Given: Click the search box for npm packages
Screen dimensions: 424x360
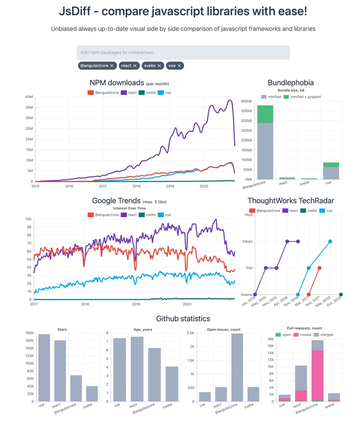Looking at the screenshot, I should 183,53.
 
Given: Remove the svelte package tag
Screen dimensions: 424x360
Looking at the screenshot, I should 159,66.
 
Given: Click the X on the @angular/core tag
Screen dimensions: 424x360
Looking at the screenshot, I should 112,66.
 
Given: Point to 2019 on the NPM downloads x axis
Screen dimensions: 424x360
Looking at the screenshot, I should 170,186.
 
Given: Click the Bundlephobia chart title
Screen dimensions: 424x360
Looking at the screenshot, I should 291,83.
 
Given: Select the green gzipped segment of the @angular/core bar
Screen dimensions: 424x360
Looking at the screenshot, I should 265,114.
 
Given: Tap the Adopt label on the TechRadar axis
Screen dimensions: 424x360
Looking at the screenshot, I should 247,241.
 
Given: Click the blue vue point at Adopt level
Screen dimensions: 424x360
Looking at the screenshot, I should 330,241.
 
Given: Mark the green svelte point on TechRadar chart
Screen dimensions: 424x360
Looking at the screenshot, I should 341,295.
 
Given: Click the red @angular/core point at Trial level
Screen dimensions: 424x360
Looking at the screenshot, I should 319,268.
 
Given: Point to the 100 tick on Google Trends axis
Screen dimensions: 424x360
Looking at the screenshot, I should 28,219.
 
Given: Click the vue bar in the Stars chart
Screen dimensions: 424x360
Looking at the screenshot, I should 44,368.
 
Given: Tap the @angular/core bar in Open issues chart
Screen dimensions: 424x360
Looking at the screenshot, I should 237,367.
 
